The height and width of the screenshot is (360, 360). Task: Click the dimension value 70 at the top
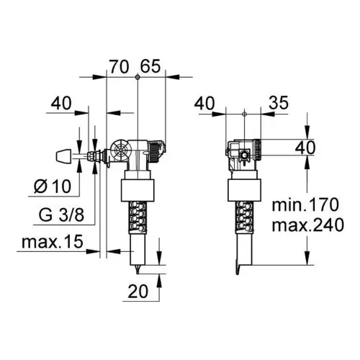(x=120, y=66)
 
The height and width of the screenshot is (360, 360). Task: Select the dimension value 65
(x=150, y=66)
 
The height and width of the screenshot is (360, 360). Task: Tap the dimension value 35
(x=279, y=103)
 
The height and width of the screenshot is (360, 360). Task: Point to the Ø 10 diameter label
(x=53, y=186)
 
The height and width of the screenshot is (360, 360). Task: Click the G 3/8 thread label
(x=61, y=215)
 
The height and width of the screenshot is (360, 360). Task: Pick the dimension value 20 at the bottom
(x=138, y=292)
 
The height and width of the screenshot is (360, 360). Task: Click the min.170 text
(x=305, y=204)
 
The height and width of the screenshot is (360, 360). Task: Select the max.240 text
(x=308, y=225)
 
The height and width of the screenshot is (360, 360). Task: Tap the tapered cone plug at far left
(x=64, y=156)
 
